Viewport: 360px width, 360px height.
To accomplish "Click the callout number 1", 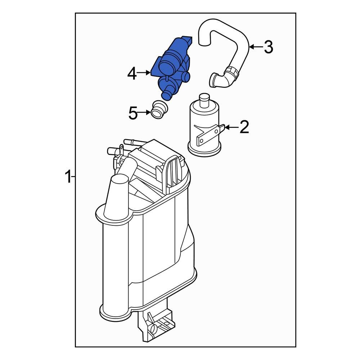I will [x=67, y=177].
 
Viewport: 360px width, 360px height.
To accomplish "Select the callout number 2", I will [x=244, y=127].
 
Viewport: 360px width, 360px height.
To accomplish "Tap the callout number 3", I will [x=268, y=47].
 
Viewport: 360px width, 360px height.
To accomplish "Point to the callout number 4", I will [x=132, y=74].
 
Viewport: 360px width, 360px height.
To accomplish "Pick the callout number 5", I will [x=133, y=114].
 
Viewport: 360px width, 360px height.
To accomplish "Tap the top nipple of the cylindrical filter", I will [x=204, y=98].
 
